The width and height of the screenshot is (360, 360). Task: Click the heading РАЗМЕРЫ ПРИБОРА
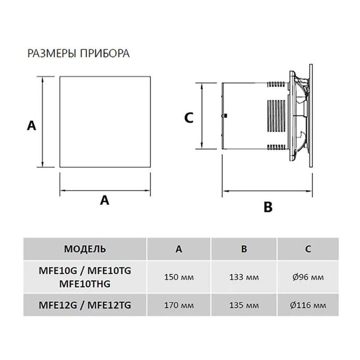[x=78, y=53]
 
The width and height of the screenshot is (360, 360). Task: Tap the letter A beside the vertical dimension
[x=31, y=126]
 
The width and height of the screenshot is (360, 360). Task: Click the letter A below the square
[x=104, y=200]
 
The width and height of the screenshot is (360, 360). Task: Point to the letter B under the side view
[x=268, y=207]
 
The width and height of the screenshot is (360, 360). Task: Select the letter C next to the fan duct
[x=188, y=118]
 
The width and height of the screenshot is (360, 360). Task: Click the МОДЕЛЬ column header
[x=85, y=249]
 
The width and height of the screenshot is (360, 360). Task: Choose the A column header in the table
[x=178, y=249]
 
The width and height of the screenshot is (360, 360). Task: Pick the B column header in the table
[x=244, y=249]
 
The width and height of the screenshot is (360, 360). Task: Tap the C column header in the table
[x=308, y=249]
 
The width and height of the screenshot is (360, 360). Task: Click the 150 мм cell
[x=179, y=277]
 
